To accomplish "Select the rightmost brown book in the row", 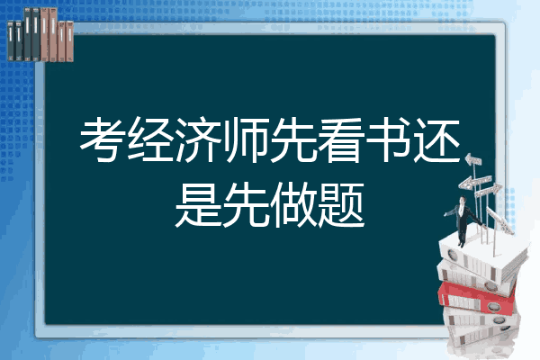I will [x=69, y=35].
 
